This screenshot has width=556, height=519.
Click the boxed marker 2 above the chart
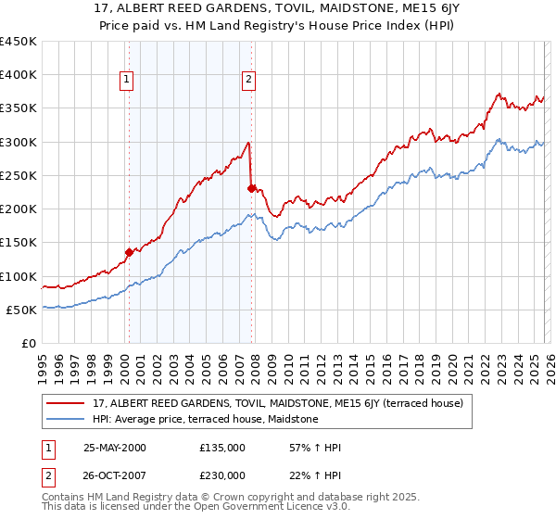[248, 81]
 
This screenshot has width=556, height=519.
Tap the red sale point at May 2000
[130, 251]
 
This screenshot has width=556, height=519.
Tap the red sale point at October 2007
[251, 188]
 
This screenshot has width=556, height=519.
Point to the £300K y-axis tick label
[19, 142]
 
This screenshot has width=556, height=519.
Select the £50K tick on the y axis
[22, 310]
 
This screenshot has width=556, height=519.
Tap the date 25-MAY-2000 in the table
[114, 447]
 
